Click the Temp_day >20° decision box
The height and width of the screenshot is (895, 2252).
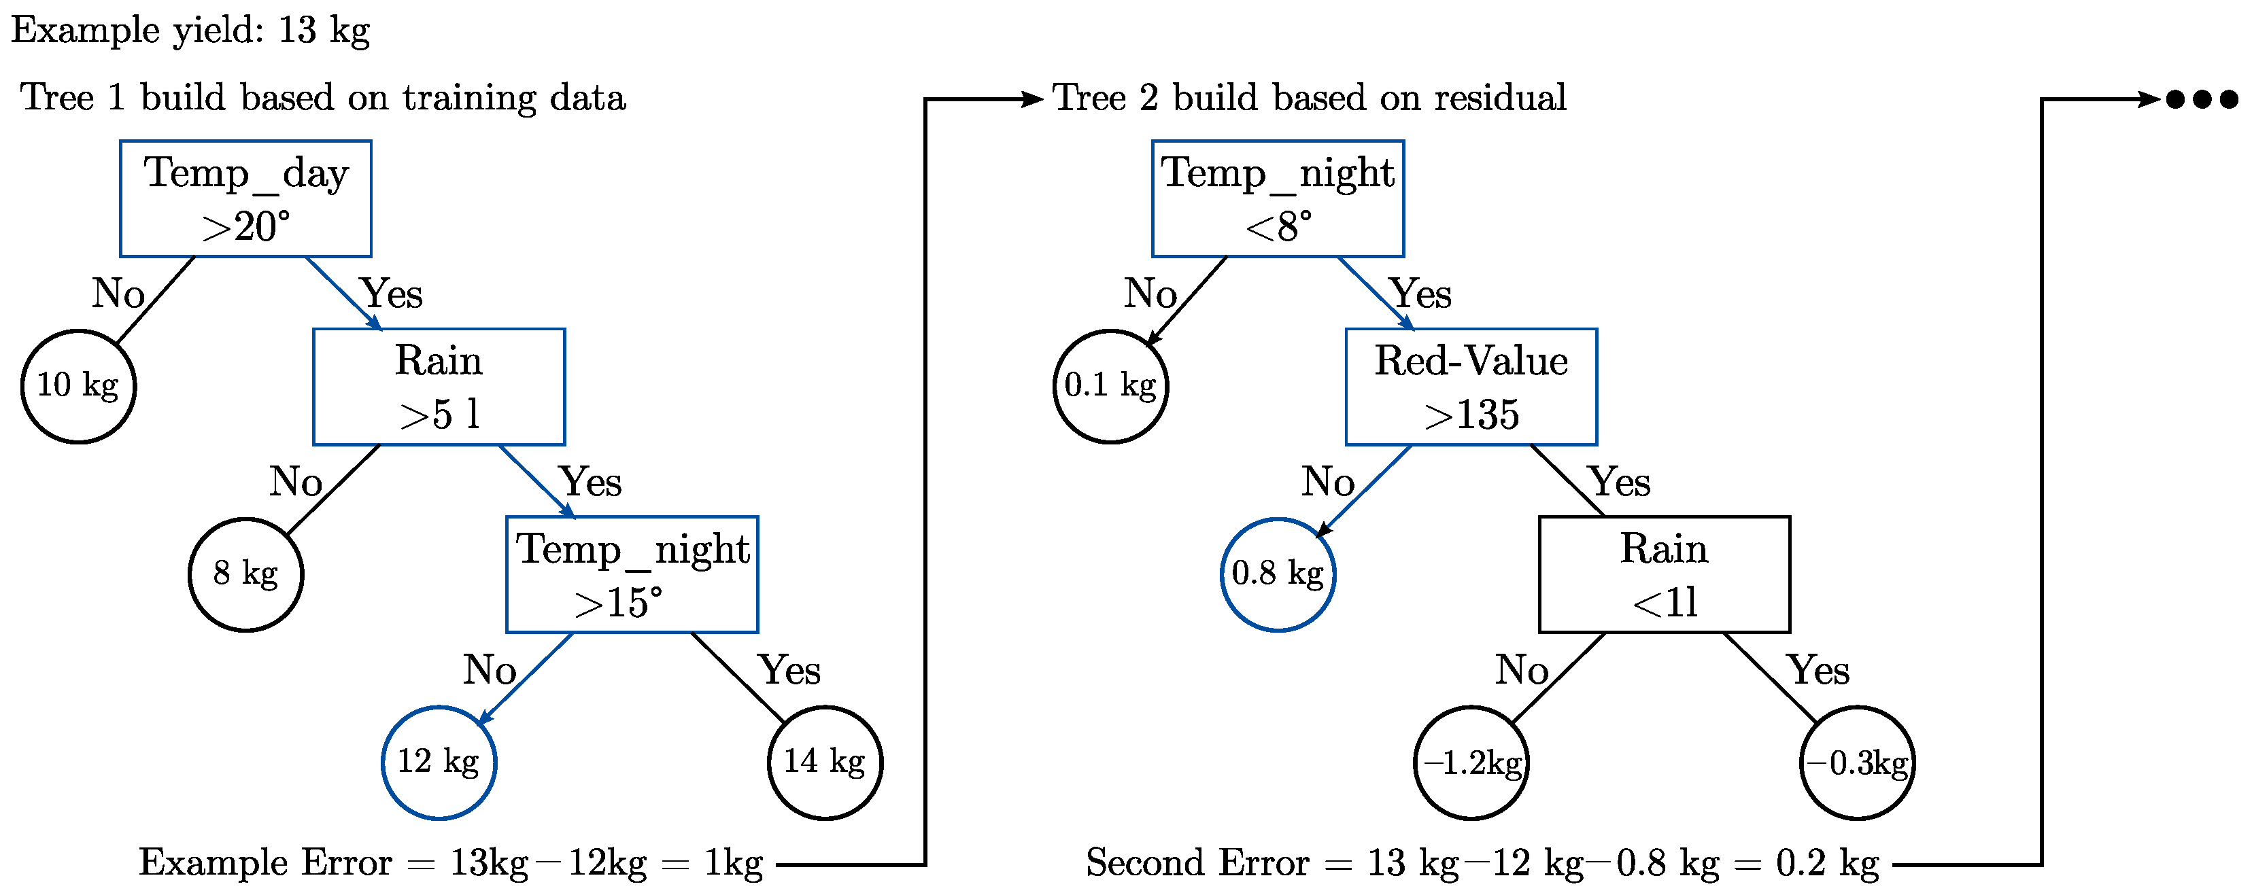(245, 198)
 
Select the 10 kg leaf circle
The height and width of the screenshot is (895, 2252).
(79, 386)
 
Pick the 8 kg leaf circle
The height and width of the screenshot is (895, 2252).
(245, 574)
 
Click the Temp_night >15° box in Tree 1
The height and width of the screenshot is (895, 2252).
(632, 574)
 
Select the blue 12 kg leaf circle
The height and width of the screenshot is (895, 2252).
(439, 762)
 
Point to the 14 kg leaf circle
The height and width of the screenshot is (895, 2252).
(824, 762)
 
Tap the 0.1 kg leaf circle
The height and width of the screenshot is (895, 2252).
(1110, 386)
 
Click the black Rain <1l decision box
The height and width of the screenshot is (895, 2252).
(1665, 574)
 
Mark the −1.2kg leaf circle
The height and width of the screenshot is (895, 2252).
(1471, 762)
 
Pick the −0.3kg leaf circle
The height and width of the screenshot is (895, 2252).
(1857, 762)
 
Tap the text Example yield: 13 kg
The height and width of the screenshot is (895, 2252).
(190, 31)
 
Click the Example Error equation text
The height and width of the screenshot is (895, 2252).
(450, 864)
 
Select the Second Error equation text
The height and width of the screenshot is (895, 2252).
(1482, 864)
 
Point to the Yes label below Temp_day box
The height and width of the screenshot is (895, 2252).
(392, 294)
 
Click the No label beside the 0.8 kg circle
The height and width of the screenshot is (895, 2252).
(1327, 482)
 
